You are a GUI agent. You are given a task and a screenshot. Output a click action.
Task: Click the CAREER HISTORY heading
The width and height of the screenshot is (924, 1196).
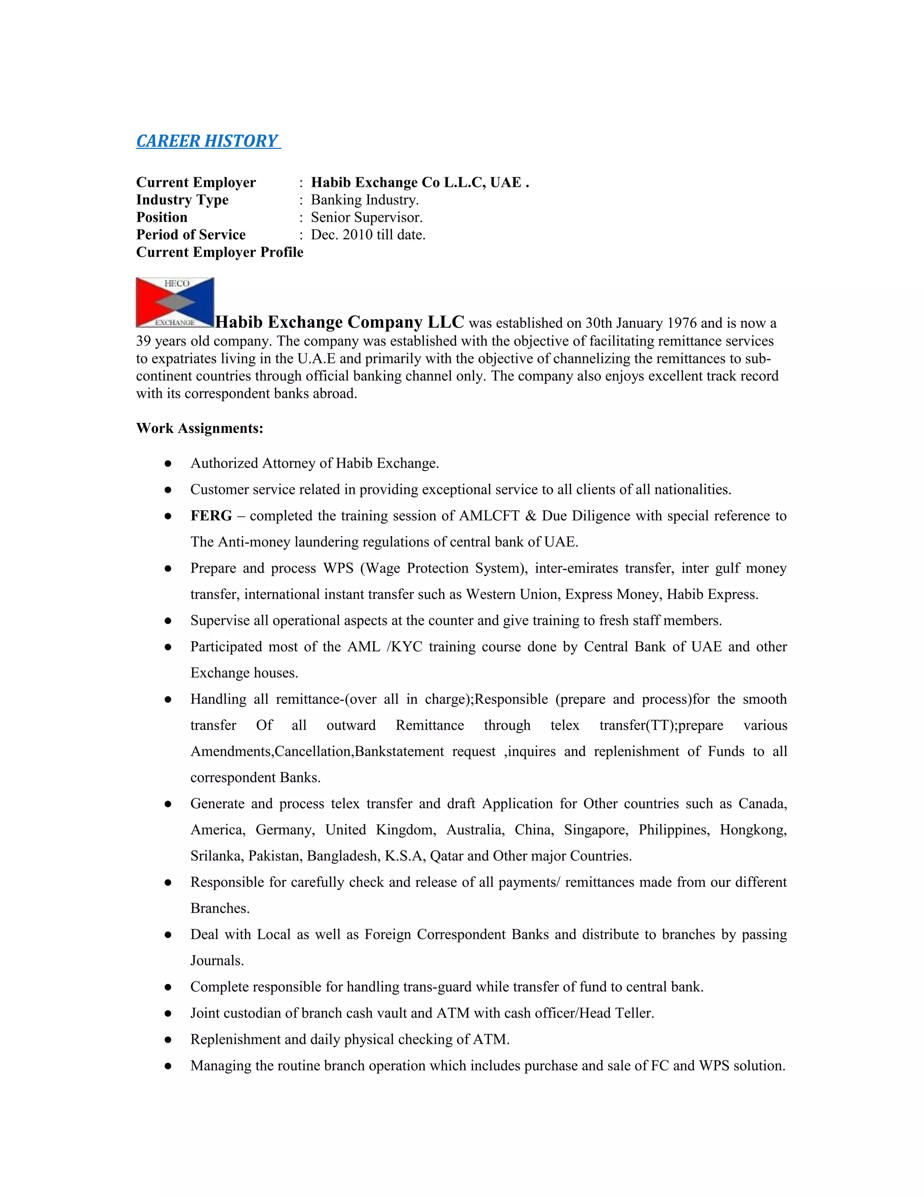tap(208, 141)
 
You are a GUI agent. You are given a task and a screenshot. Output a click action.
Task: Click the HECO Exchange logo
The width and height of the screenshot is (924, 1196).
tap(175, 302)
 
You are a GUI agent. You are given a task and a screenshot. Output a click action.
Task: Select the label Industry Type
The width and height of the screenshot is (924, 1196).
tap(182, 200)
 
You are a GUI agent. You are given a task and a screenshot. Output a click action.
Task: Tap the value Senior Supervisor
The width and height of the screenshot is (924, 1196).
tap(367, 218)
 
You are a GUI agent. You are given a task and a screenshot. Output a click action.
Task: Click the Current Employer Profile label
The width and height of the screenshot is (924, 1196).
tap(220, 252)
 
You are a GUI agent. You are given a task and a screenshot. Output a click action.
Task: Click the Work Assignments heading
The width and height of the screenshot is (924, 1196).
tap(200, 428)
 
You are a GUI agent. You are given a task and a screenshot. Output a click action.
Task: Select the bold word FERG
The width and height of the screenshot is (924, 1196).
tap(211, 516)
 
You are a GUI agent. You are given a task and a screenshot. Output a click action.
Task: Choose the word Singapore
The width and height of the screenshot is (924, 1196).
tap(596, 830)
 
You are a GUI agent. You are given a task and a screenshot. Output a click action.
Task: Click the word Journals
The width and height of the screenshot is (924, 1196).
tap(217, 961)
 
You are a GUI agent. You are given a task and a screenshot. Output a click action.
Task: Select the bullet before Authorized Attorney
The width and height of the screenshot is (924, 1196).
tap(168, 464)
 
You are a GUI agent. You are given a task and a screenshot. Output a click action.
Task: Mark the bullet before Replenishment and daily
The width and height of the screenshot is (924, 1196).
tap(168, 1040)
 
